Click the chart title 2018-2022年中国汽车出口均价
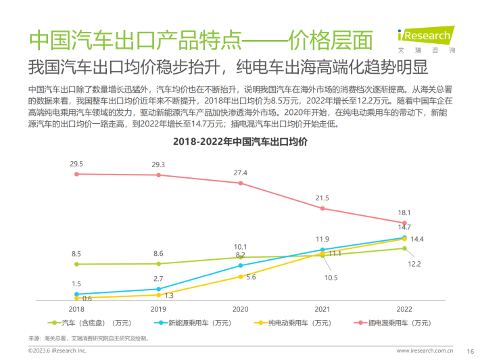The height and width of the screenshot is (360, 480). pyautogui.click(x=240, y=142)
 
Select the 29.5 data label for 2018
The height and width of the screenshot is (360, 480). pyautogui.click(x=76, y=164)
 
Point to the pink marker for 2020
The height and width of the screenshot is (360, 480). pyautogui.click(x=241, y=183)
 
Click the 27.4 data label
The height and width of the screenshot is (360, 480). pyautogui.click(x=241, y=173)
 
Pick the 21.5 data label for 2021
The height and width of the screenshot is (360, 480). pyautogui.click(x=322, y=198)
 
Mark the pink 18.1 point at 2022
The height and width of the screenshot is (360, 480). pyautogui.click(x=404, y=223)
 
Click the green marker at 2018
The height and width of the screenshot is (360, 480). pyautogui.click(x=76, y=264)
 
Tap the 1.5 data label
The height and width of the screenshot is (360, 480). pyautogui.click(x=76, y=284)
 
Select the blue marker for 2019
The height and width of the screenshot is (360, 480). pyautogui.click(x=158, y=289)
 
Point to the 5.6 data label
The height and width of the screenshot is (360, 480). pyautogui.click(x=250, y=277)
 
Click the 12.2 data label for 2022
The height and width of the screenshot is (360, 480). pyautogui.click(x=414, y=263)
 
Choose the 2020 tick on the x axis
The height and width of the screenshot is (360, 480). pyautogui.click(x=241, y=309)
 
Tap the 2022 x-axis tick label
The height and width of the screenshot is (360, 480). pyautogui.click(x=404, y=309)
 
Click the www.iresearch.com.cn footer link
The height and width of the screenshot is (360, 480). pyautogui.click(x=424, y=351)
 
